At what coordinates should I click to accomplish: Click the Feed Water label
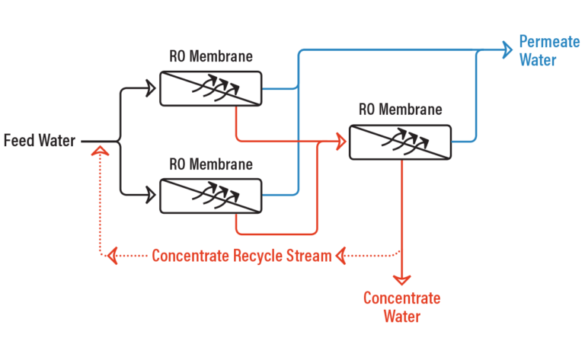click(x=40, y=141)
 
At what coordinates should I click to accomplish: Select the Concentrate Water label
click(x=401, y=307)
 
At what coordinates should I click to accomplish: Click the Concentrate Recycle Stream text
click(x=241, y=256)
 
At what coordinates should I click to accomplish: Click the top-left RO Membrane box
click(x=210, y=88)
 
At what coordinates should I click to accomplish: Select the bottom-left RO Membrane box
click(x=210, y=196)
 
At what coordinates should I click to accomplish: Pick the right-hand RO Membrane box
click(x=400, y=142)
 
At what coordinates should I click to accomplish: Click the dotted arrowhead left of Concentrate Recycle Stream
click(x=111, y=256)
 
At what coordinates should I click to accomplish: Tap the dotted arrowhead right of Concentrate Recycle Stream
click(x=342, y=256)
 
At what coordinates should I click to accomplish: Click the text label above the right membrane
click(x=400, y=110)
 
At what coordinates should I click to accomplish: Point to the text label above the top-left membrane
click(x=211, y=56)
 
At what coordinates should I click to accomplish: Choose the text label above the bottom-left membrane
click(x=211, y=164)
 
